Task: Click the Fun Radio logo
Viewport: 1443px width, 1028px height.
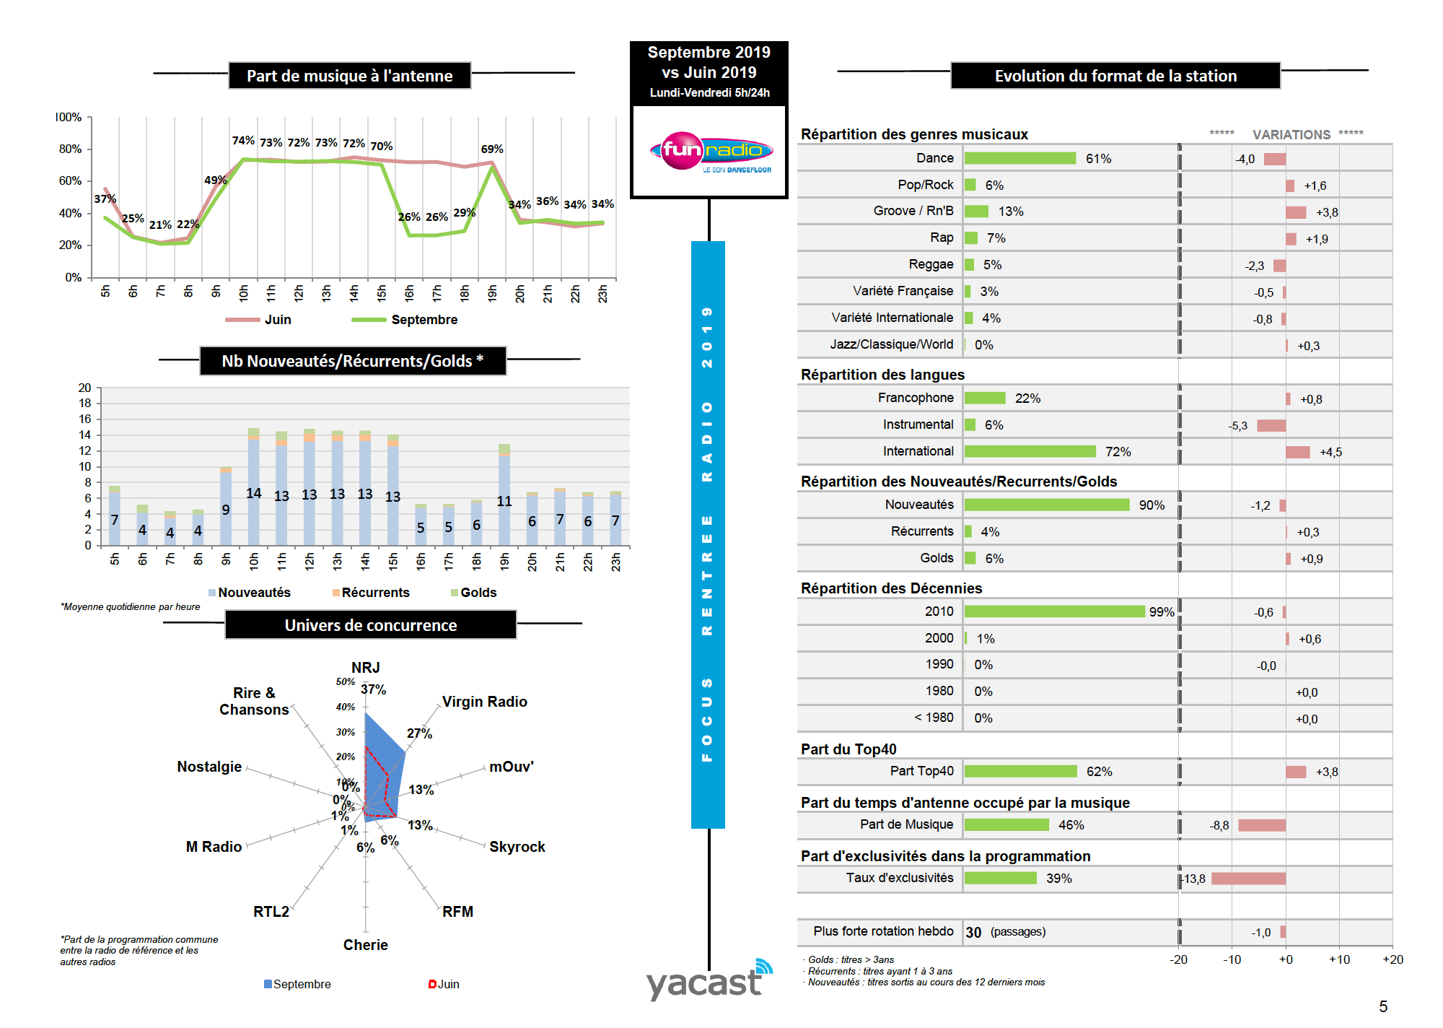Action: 711,152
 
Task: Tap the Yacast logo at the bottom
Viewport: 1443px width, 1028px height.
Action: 707,980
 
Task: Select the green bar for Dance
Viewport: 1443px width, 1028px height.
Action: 1019,158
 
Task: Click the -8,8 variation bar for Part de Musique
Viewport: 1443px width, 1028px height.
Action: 1261,825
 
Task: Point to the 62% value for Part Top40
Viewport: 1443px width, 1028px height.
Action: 1099,772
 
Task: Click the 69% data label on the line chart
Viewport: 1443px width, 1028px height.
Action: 492,149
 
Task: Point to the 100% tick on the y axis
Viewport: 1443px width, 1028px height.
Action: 69,117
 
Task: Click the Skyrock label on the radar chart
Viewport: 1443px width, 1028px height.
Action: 517,847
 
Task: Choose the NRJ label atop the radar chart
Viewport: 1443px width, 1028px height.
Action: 365,668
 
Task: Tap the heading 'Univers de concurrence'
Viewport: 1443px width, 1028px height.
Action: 370,625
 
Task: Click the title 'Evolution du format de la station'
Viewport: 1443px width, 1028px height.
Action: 1115,76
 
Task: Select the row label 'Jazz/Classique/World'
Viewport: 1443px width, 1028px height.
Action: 891,344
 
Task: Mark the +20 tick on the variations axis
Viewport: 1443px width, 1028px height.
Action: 1392,959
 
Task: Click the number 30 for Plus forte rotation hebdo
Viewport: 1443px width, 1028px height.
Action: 973,932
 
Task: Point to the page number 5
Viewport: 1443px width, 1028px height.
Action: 1383,1006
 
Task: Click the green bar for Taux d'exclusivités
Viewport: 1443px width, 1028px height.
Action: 1000,878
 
